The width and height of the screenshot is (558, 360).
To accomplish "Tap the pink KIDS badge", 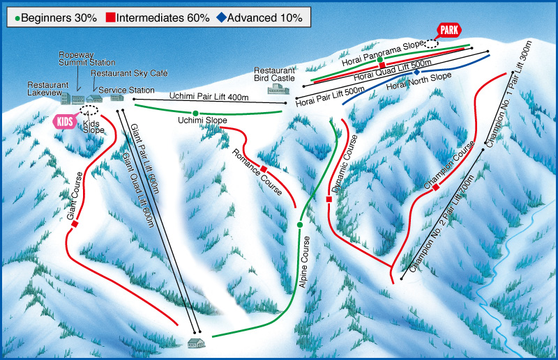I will [63, 121].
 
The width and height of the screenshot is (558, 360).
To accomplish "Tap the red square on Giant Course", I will [74, 224].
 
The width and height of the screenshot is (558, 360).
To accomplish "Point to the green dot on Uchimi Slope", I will [196, 113].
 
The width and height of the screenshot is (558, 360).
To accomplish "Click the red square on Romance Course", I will [264, 169].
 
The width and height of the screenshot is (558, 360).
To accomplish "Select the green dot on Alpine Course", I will [299, 225].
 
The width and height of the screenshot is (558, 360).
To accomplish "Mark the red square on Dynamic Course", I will [329, 200].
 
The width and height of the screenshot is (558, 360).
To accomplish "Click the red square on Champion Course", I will [435, 187].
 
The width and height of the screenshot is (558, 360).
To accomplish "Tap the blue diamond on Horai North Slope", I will [416, 72].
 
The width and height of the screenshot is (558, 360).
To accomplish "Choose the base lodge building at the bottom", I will [197, 343].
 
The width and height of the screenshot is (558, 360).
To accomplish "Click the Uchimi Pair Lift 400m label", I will [209, 97].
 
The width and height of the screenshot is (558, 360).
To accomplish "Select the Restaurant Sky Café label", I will [130, 72].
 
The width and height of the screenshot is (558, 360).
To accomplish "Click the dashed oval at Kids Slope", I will [89, 110].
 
